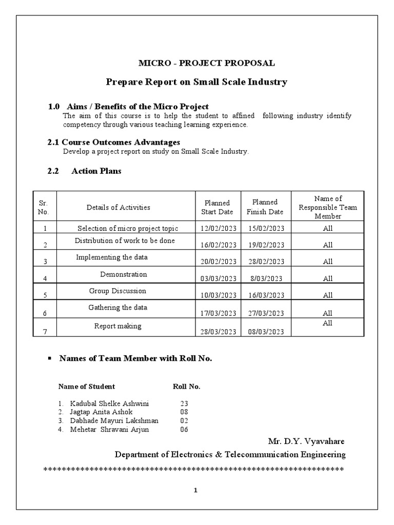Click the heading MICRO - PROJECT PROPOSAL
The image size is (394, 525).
click(x=207, y=63)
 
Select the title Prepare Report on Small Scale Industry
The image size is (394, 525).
click(x=196, y=82)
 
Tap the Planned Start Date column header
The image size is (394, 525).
click(x=218, y=207)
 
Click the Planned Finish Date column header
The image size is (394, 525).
click(x=265, y=207)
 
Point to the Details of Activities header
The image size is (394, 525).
click(x=119, y=207)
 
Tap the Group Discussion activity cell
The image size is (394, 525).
click(x=117, y=291)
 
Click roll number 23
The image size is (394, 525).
click(x=184, y=403)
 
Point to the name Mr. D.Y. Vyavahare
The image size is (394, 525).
click(x=306, y=441)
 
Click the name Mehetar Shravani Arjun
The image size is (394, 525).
click(x=110, y=429)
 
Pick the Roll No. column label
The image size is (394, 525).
click(x=186, y=387)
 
